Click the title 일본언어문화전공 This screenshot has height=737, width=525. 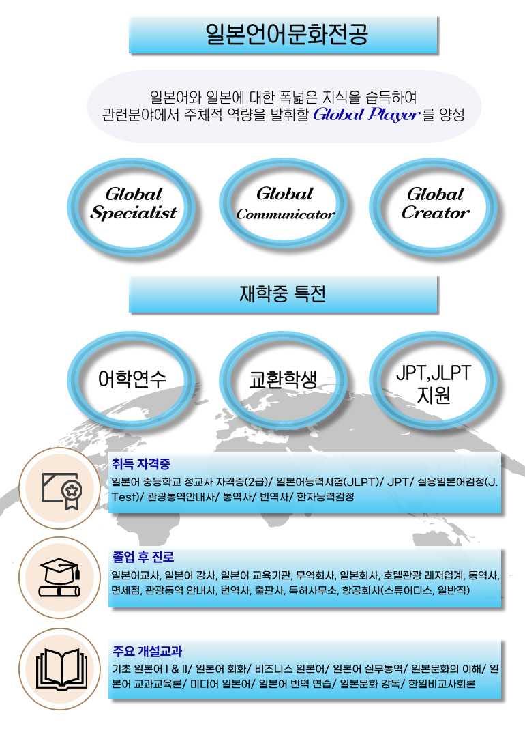pyautogui.click(x=286, y=34)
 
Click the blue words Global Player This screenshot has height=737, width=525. pyautogui.click(x=366, y=114)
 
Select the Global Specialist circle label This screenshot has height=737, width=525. pyautogui.click(x=134, y=203)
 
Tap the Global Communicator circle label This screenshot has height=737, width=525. pyautogui.click(x=285, y=203)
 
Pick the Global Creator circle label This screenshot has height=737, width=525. pyautogui.click(x=435, y=203)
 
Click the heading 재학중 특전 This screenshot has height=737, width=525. pyautogui.click(x=283, y=293)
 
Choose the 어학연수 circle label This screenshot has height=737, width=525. pyautogui.click(x=132, y=379)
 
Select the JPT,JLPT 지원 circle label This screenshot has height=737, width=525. pyautogui.click(x=434, y=384)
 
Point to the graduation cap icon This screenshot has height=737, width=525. pyautogui.click(x=59, y=578)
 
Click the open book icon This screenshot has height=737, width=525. pyautogui.click(x=61, y=668)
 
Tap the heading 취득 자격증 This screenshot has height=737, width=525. pyautogui.click(x=141, y=465)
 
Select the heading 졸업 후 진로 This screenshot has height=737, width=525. pyautogui.click(x=143, y=558)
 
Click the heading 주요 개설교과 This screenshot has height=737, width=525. pyautogui.click(x=147, y=652)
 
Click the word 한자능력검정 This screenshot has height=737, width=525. pyautogui.click(x=325, y=497)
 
